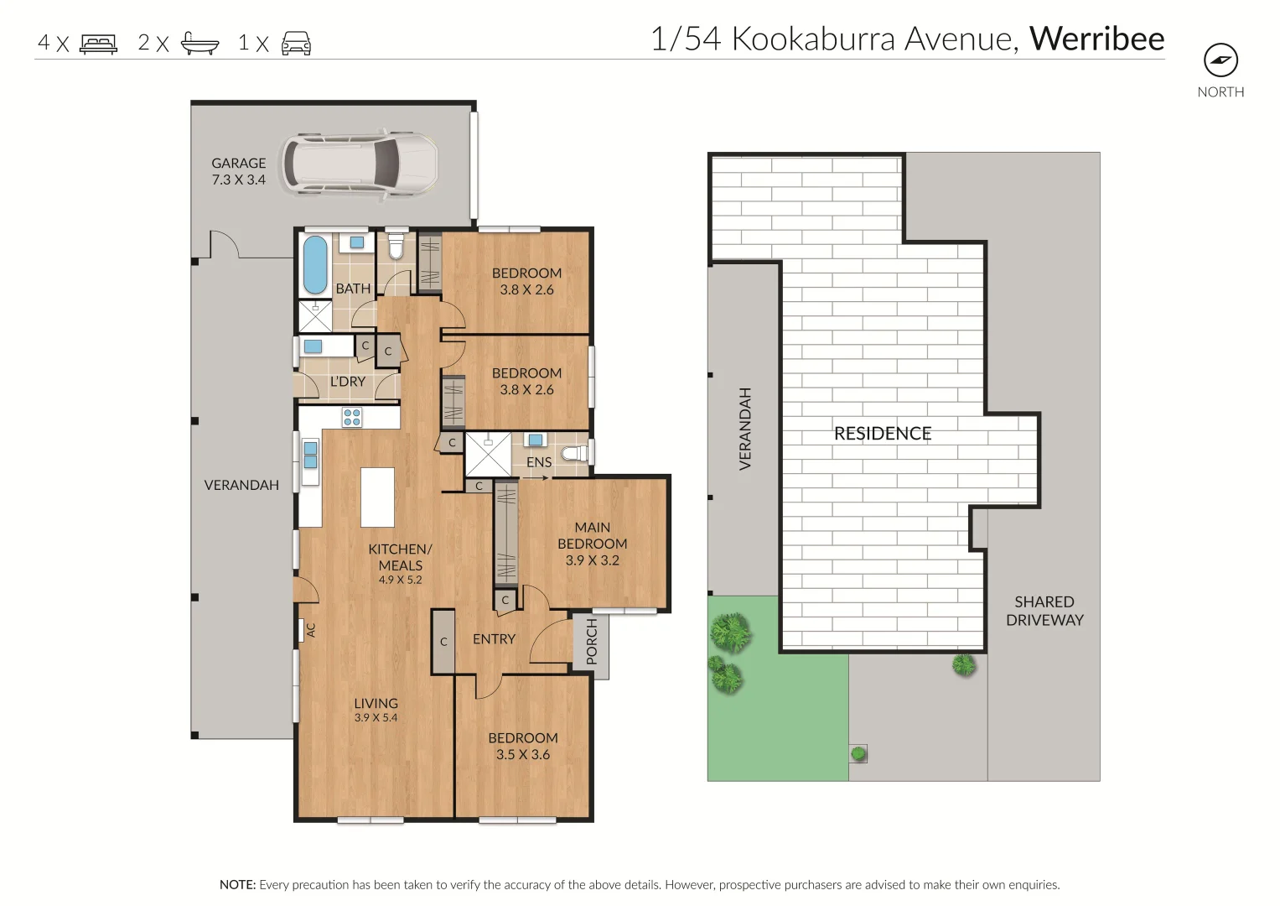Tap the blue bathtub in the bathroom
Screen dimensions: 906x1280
pyautogui.click(x=314, y=263)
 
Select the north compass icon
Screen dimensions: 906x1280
pyautogui.click(x=1220, y=60)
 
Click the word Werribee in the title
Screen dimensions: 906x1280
pyautogui.click(x=1096, y=39)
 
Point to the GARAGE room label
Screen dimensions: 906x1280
pyautogui.click(x=238, y=164)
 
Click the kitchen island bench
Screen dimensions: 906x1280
pyautogui.click(x=377, y=497)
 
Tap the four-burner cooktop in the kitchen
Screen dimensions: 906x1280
pyautogui.click(x=352, y=417)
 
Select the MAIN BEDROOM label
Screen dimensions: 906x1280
pyautogui.click(x=592, y=535)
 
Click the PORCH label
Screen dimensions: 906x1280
pyautogui.click(x=592, y=642)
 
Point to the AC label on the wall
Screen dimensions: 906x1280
pyautogui.click(x=310, y=630)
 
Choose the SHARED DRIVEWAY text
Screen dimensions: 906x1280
pyautogui.click(x=1044, y=611)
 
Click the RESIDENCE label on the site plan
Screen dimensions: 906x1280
pyautogui.click(x=883, y=434)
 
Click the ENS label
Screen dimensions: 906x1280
pyautogui.click(x=539, y=462)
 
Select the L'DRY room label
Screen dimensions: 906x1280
pyautogui.click(x=347, y=382)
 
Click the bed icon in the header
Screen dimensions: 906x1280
pyautogui.click(x=98, y=44)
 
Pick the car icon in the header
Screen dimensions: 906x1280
pyautogui.click(x=296, y=44)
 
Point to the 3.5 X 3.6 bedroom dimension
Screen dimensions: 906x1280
pyautogui.click(x=523, y=754)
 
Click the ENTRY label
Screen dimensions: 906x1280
pyautogui.click(x=494, y=639)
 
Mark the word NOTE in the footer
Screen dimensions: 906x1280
pyautogui.click(x=237, y=884)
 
